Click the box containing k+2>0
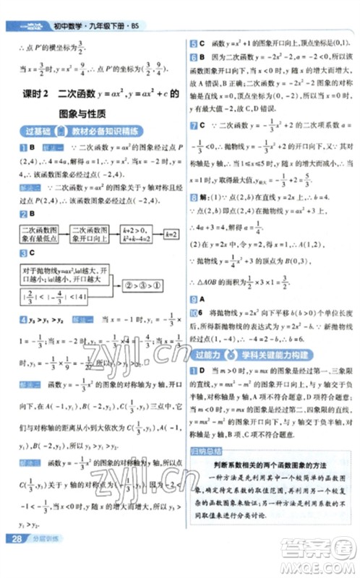(140, 235)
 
